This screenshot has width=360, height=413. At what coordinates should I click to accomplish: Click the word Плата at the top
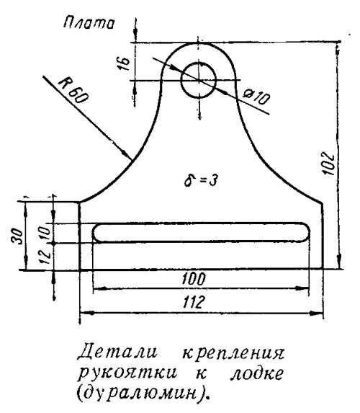tap(89, 23)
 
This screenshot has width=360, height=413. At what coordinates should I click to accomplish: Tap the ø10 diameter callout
tap(256, 97)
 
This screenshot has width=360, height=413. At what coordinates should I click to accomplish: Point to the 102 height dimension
tap(328, 164)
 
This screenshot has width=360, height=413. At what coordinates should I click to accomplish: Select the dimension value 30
tap(18, 236)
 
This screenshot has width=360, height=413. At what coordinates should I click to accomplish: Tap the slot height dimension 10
tap(45, 232)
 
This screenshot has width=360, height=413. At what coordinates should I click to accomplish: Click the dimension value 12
tap(45, 257)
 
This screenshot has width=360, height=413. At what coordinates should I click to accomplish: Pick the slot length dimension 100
tap(194, 279)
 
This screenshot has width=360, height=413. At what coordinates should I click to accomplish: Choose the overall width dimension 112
tap(194, 302)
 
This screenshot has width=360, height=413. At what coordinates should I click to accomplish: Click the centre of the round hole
tap(199, 80)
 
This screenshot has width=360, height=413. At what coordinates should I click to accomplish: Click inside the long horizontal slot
tap(202, 232)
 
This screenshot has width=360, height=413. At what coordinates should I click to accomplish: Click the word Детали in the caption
tap(117, 352)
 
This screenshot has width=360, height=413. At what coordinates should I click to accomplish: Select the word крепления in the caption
tap(233, 354)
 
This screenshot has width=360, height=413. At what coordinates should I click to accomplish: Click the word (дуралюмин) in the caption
tap(141, 393)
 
